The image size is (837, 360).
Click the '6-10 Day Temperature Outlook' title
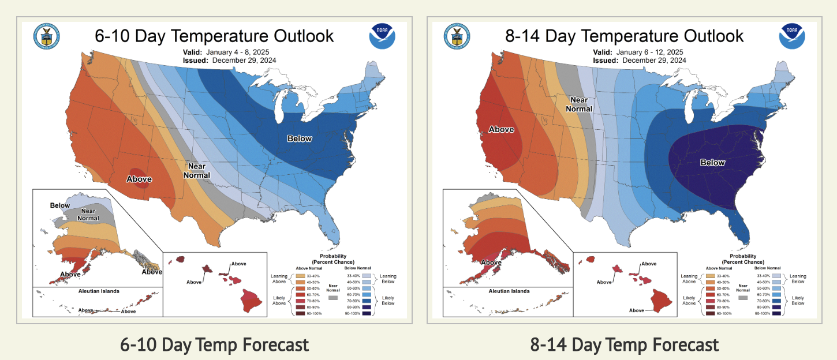coord(214,36)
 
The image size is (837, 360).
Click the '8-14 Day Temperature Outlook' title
coord(625,36)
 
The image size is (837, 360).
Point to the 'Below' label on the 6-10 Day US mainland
coord(300,138)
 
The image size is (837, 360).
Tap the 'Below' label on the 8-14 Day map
coord(712,163)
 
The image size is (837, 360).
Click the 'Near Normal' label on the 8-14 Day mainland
coord(579,104)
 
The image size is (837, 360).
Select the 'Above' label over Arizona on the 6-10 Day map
coord(139,179)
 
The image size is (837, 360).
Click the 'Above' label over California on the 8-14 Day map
coord(501,129)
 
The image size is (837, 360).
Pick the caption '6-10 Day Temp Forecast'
coord(214,345)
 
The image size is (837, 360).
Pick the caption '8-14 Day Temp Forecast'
coord(625,345)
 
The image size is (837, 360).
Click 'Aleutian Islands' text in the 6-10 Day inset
coord(99,291)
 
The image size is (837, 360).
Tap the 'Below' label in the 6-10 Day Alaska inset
coord(60,205)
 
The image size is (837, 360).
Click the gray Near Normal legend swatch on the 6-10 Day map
coord(332,298)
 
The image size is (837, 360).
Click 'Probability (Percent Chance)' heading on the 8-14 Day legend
coord(743,258)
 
